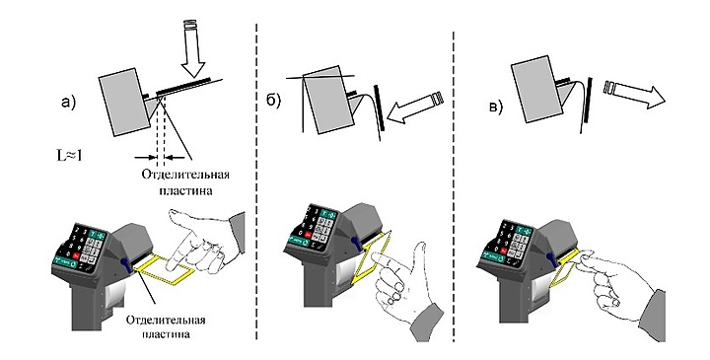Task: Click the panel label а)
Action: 69,104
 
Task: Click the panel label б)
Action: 273,101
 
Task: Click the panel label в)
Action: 494,108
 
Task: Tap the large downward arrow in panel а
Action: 193,50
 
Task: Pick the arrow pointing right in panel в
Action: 634,92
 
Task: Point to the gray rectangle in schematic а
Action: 124,102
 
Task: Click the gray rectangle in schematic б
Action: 328,100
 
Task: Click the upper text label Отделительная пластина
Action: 185,182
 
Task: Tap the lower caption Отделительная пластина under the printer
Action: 166,326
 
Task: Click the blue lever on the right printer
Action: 552,262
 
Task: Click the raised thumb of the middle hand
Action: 422,254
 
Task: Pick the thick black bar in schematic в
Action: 588,100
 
